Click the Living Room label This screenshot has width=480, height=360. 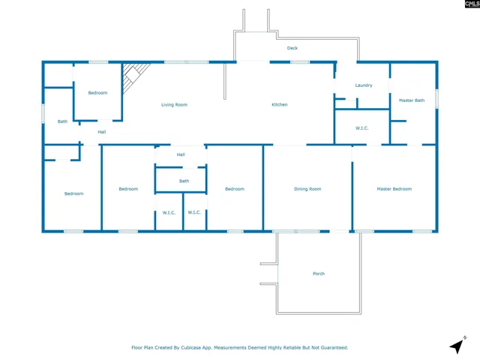(x=174, y=105)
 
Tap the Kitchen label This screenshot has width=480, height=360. (x=280, y=105)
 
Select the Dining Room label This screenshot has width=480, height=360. (x=307, y=189)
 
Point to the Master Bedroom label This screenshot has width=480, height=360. (x=394, y=189)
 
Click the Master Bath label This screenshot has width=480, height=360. (x=412, y=100)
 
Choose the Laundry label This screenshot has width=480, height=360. (x=364, y=85)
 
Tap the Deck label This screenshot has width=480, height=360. (x=292, y=48)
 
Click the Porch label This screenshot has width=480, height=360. (x=319, y=274)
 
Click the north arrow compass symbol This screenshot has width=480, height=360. (x=457, y=345)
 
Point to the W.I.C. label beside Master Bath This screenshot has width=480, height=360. (x=361, y=128)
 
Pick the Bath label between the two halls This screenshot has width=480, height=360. (x=184, y=181)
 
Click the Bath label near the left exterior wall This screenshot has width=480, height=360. (x=62, y=121)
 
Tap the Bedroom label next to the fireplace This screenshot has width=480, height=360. (x=97, y=93)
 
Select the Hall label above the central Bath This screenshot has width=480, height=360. (x=181, y=154)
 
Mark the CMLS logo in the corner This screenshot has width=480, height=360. (x=472, y=4)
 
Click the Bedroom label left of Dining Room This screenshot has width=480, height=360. (x=235, y=189)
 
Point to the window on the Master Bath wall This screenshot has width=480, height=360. (x=436, y=98)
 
